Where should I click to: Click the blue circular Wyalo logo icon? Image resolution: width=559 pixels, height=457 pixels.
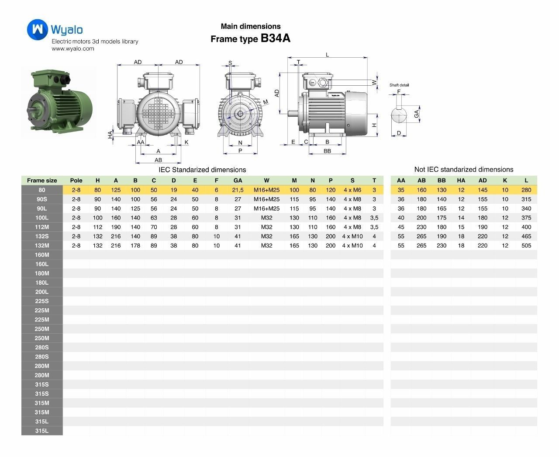point(38,29)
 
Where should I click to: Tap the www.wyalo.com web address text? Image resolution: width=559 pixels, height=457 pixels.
point(73,49)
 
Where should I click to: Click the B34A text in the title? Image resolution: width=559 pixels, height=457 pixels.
point(275,38)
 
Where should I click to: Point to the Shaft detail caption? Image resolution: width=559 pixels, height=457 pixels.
point(399,85)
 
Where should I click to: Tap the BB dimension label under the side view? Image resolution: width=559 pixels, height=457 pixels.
point(327,151)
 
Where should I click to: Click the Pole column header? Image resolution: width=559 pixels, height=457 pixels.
point(76,180)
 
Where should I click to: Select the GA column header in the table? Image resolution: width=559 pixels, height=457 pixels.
point(238,180)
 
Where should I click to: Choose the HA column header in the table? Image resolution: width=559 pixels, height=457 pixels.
point(461,180)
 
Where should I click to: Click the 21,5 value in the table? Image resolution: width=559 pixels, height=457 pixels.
point(238,190)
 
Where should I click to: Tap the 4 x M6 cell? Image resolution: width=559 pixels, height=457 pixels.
point(352,190)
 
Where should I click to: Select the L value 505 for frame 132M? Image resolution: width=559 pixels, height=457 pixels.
point(526,245)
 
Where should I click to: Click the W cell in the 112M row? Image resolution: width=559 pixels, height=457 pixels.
point(266,227)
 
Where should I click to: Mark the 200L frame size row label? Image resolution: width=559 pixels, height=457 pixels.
point(42,292)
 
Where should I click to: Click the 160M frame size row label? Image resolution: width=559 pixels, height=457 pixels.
point(42,255)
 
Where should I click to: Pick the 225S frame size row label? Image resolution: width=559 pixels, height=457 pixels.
point(42,301)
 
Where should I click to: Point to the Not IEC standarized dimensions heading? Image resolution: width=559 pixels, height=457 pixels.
point(463,169)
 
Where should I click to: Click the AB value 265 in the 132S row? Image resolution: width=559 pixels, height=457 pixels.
point(421,236)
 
